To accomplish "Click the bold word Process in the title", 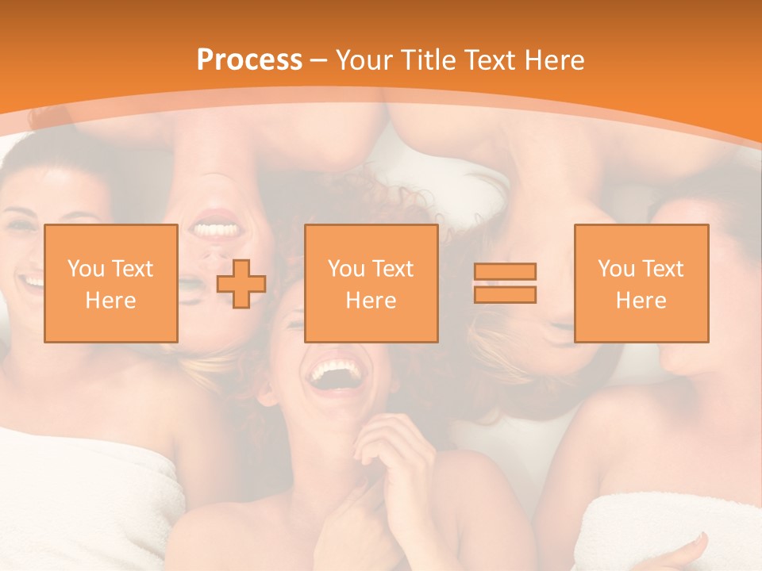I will (249, 60).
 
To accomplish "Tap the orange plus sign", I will (241, 284).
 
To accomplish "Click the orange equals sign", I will (505, 283).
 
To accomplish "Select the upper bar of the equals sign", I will (505, 272).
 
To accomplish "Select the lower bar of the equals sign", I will (505, 294).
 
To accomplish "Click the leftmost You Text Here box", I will (110, 283).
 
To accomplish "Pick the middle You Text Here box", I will (371, 283).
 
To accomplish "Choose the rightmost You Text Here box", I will (641, 283).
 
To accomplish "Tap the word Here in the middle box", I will (371, 301).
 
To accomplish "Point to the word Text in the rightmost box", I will (663, 269).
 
